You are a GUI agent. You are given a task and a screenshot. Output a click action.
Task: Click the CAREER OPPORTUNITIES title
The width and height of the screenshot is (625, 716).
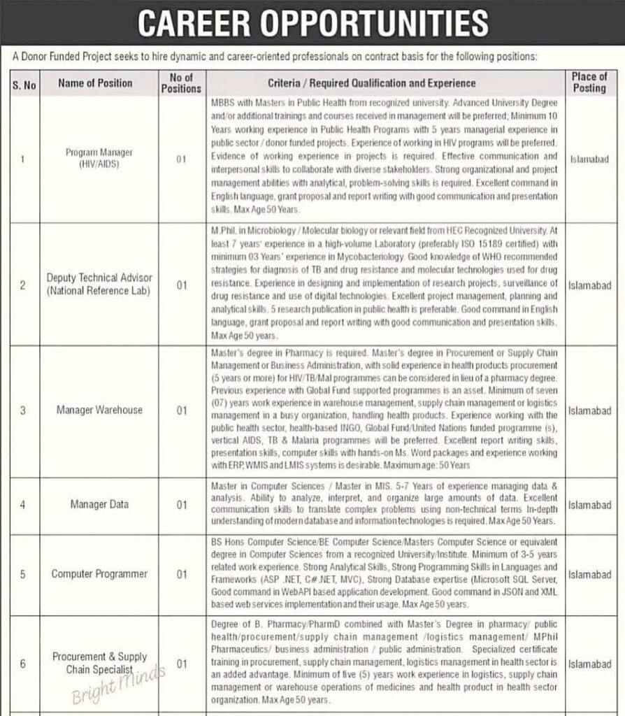pos(312,24)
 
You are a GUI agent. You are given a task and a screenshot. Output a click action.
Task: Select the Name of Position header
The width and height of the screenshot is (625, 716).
pos(95,83)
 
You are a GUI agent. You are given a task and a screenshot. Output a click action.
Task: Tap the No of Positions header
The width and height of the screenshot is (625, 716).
pos(181,83)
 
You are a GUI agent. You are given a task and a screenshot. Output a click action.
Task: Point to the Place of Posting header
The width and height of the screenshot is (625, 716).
pos(589,82)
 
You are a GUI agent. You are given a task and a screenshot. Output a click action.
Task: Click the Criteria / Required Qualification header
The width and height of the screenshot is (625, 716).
pos(381,83)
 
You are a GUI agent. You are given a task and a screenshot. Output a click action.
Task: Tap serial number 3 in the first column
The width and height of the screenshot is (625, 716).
pos(22,410)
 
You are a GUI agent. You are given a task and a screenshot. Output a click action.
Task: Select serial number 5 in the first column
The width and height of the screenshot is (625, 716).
pos(22,574)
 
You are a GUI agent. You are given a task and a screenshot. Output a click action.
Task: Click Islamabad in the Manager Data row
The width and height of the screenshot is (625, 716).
pos(589,504)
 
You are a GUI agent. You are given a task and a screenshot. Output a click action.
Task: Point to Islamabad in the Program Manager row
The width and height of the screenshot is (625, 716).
pos(589,159)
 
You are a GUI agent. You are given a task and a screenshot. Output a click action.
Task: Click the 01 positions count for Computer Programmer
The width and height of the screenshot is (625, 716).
pos(181,574)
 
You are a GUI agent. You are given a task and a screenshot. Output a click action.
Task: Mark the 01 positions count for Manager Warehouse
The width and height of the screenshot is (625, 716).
pos(181,410)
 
